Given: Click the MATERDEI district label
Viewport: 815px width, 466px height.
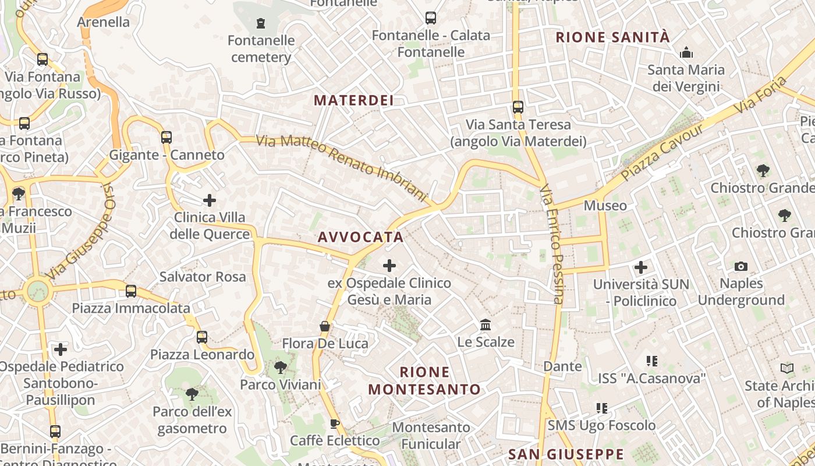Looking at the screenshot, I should pos(354,100).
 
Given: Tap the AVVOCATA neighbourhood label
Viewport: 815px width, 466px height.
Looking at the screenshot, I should pos(361,237).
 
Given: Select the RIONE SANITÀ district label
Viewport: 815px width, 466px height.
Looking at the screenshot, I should pos(613,37).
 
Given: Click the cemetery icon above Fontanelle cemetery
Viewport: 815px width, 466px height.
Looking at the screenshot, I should pos(261,23).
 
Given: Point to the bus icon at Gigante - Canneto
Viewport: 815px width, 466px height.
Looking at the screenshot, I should pos(166,137).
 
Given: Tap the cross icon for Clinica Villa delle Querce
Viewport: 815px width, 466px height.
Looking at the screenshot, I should pos(210,201).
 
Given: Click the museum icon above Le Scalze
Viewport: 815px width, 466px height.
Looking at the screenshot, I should pos(486,324).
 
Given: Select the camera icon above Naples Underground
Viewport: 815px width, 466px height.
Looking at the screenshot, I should pos(740,266).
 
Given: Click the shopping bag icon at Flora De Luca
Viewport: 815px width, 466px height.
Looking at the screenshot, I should pos(325,326).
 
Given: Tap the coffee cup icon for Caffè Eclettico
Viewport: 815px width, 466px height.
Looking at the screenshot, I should pos(335,423).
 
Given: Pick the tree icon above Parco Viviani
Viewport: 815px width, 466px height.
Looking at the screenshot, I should pos(281,368).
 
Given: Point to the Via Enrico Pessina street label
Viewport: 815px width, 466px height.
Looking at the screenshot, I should pos(552,245).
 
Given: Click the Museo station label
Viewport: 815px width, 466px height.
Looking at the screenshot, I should pos(605,206).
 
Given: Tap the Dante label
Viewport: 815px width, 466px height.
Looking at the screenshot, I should pos(562,366).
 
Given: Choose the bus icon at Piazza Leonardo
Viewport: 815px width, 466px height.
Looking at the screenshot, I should pos(202,337).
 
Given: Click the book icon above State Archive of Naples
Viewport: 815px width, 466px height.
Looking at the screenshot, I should pos(786,369).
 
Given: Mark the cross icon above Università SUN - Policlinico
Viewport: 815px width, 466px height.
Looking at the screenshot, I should pos(641,267).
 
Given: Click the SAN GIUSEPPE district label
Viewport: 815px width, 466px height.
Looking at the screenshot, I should pos(566,454).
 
